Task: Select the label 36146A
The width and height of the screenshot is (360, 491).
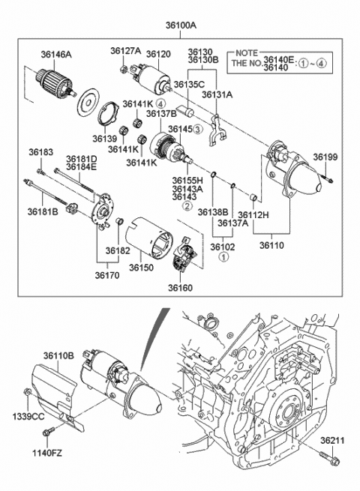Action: coord(56,55)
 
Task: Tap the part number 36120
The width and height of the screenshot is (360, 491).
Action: coord(159,54)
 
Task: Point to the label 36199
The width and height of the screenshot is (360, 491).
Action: coord(325,157)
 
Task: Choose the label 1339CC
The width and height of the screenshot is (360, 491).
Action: coord(25,415)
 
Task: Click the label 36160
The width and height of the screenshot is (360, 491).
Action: coord(180,288)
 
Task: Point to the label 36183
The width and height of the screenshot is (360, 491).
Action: coord(41,153)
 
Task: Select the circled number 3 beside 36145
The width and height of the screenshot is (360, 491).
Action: coord(198,129)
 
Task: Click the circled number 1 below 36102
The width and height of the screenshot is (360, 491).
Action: coord(223,257)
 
